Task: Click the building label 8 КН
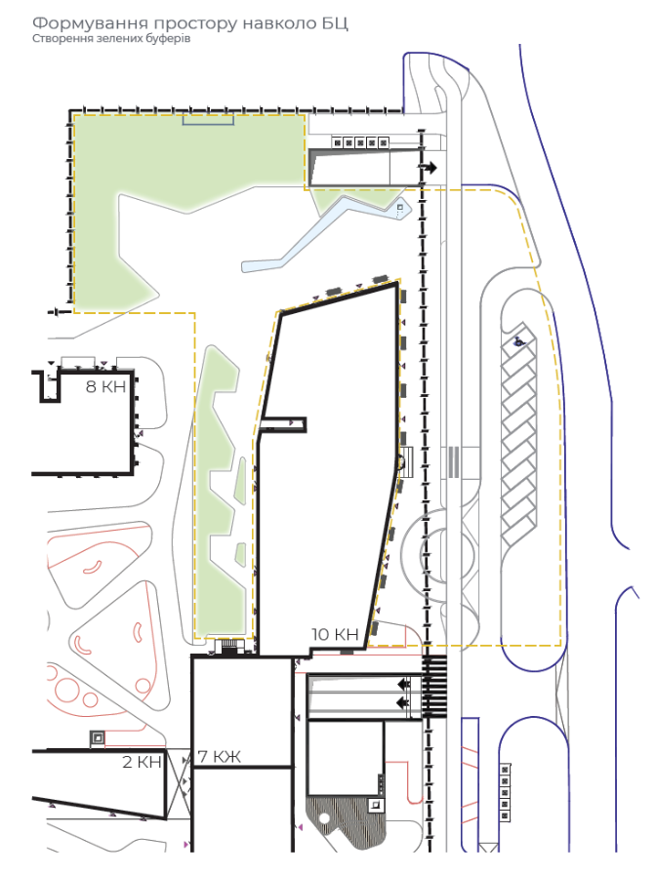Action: tap(106, 386)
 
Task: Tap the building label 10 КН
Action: tap(335, 634)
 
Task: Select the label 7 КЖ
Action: tap(220, 756)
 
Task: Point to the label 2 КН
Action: tap(143, 762)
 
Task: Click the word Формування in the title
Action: tap(90, 24)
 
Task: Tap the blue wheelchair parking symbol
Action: tap(518, 341)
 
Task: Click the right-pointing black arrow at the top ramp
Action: tap(429, 167)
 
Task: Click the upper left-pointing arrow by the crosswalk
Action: tap(404, 684)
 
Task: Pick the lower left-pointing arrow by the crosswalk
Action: tap(404, 702)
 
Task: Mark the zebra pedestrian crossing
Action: tap(434, 686)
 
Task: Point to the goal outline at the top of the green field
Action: tap(208, 120)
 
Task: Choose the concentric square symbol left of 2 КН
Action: tap(98, 738)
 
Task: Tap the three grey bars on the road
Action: tap(454, 462)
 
